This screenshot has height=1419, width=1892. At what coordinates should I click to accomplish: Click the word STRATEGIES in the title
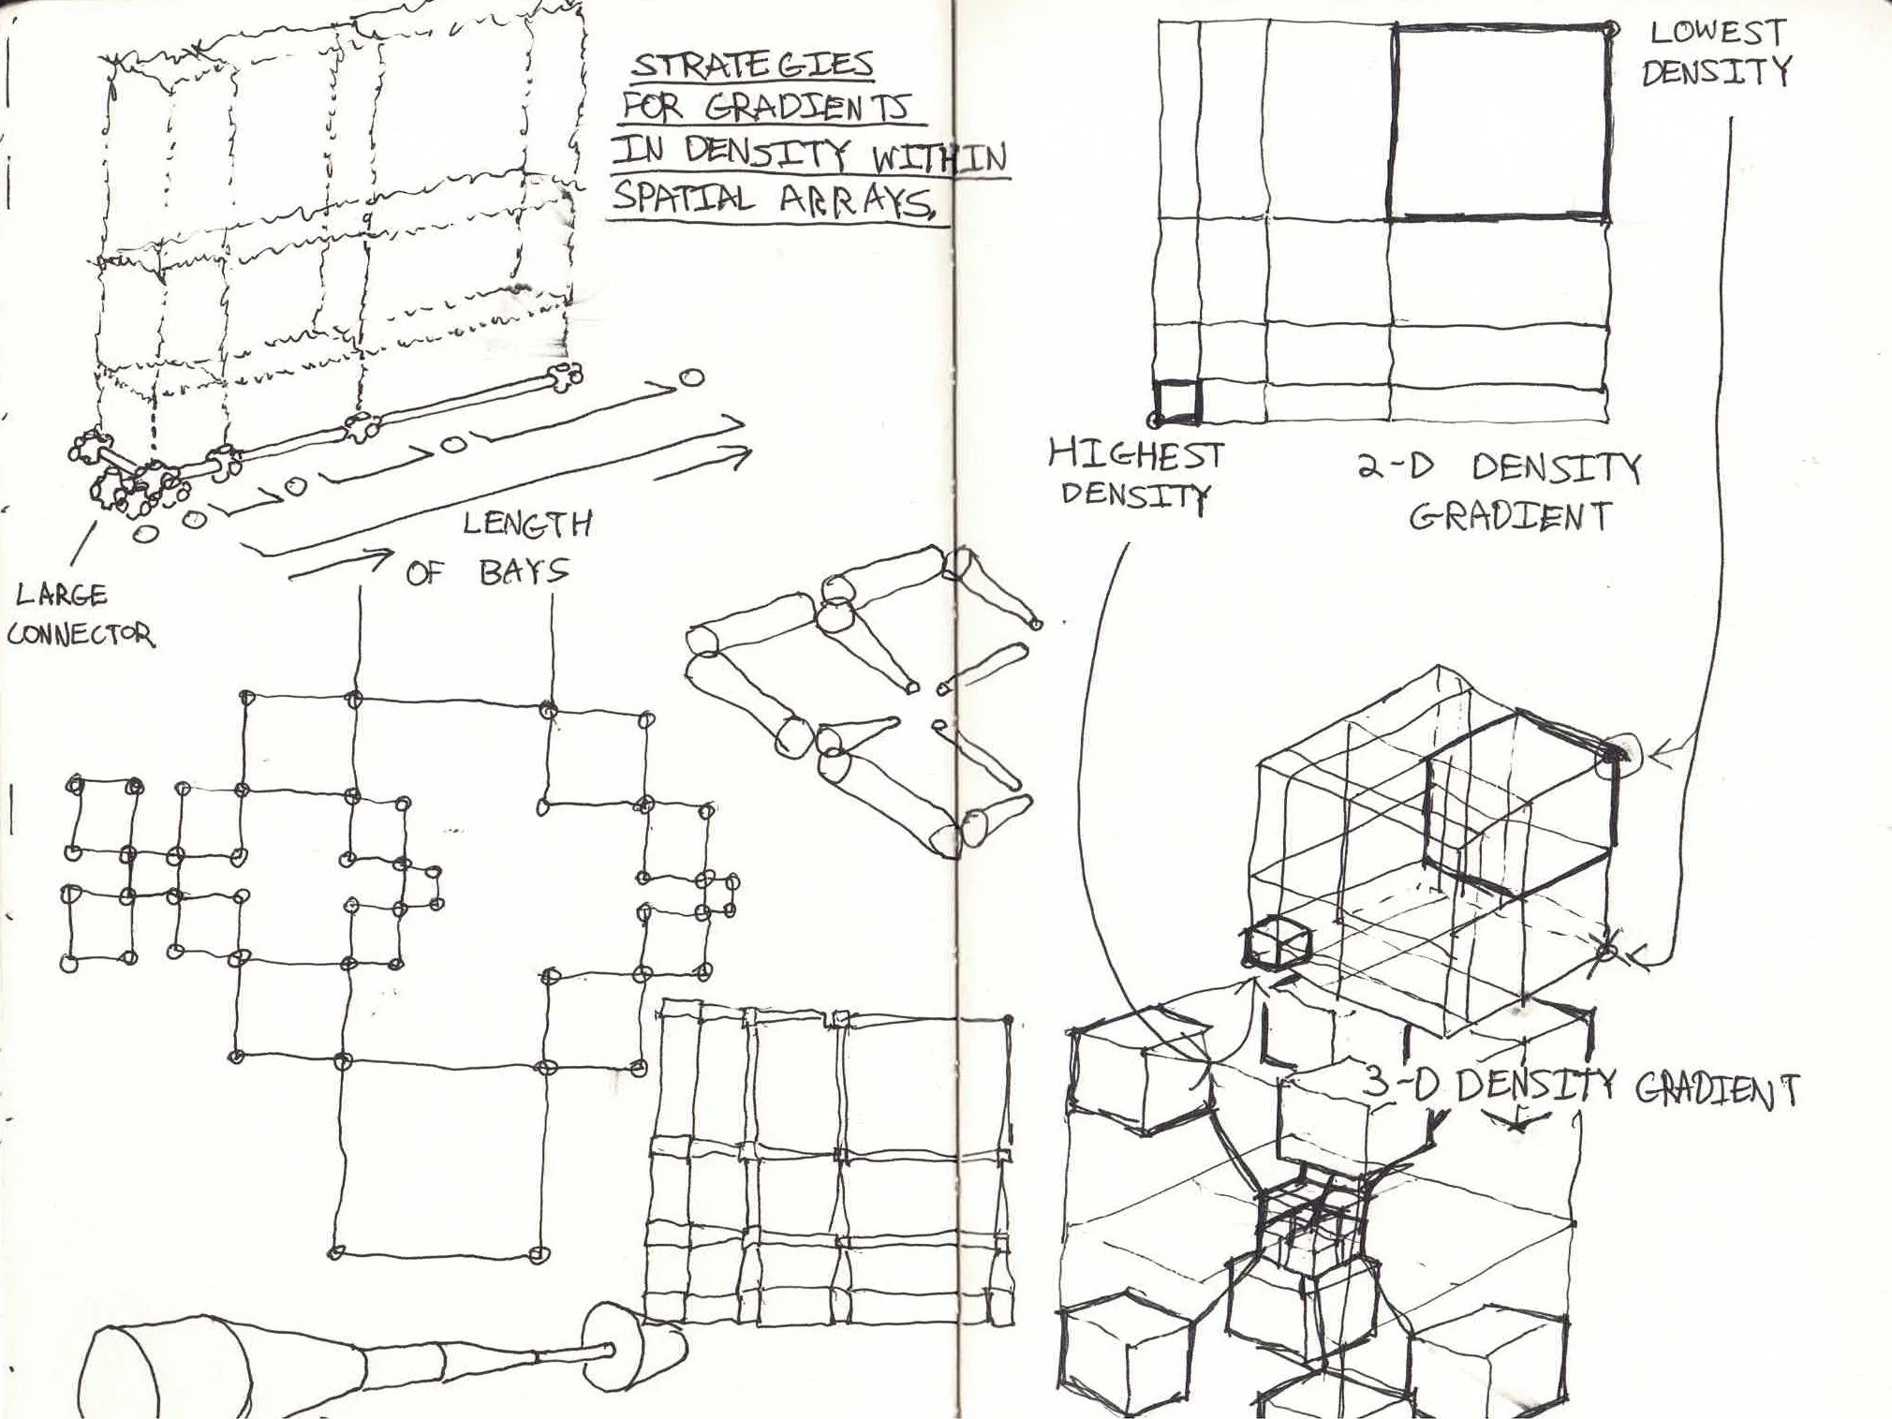point(752,66)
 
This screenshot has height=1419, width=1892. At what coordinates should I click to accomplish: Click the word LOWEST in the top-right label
point(1718,33)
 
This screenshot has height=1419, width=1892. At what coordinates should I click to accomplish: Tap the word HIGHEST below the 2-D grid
point(1136,456)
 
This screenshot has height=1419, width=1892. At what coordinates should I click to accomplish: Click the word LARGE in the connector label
point(62,594)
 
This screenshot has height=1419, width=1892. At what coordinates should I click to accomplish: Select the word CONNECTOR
point(81,633)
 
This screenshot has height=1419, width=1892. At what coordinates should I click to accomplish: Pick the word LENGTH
point(527,524)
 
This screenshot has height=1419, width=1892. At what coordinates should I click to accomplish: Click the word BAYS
point(524,570)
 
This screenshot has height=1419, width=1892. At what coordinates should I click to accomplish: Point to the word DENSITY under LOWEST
point(1716,72)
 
